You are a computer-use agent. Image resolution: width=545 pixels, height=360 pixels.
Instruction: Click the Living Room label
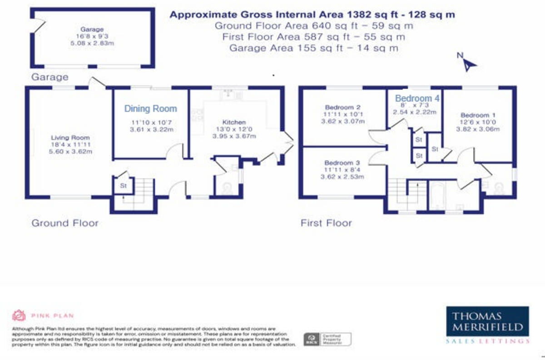tap(70, 137)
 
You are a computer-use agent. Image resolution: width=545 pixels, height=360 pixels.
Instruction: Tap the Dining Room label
tap(150, 109)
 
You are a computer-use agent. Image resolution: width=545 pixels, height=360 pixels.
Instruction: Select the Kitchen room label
tap(234, 122)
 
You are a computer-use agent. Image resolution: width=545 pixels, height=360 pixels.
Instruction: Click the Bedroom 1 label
tap(475, 115)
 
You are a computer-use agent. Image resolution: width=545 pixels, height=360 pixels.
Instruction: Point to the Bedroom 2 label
tap(336, 108)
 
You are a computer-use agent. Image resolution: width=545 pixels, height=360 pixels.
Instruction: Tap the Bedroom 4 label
tap(417, 98)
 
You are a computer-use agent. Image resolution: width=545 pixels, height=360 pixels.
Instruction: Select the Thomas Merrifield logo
tap(486, 325)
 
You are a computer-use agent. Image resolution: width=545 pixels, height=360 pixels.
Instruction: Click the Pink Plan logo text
tap(52, 315)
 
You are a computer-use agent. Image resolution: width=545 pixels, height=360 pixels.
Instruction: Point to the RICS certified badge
tap(327, 339)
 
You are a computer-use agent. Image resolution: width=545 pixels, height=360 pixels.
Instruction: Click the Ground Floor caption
tap(64, 223)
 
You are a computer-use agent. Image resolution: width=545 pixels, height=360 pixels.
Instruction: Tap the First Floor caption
tap(326, 223)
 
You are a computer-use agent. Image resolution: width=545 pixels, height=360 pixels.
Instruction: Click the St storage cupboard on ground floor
tap(123, 186)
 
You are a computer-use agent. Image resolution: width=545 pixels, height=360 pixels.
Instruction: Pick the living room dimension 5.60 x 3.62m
tap(70, 152)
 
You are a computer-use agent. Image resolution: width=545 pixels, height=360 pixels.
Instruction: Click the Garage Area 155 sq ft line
tap(314, 48)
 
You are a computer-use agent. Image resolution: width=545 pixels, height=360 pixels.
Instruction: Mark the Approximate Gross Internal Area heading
tap(312, 15)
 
